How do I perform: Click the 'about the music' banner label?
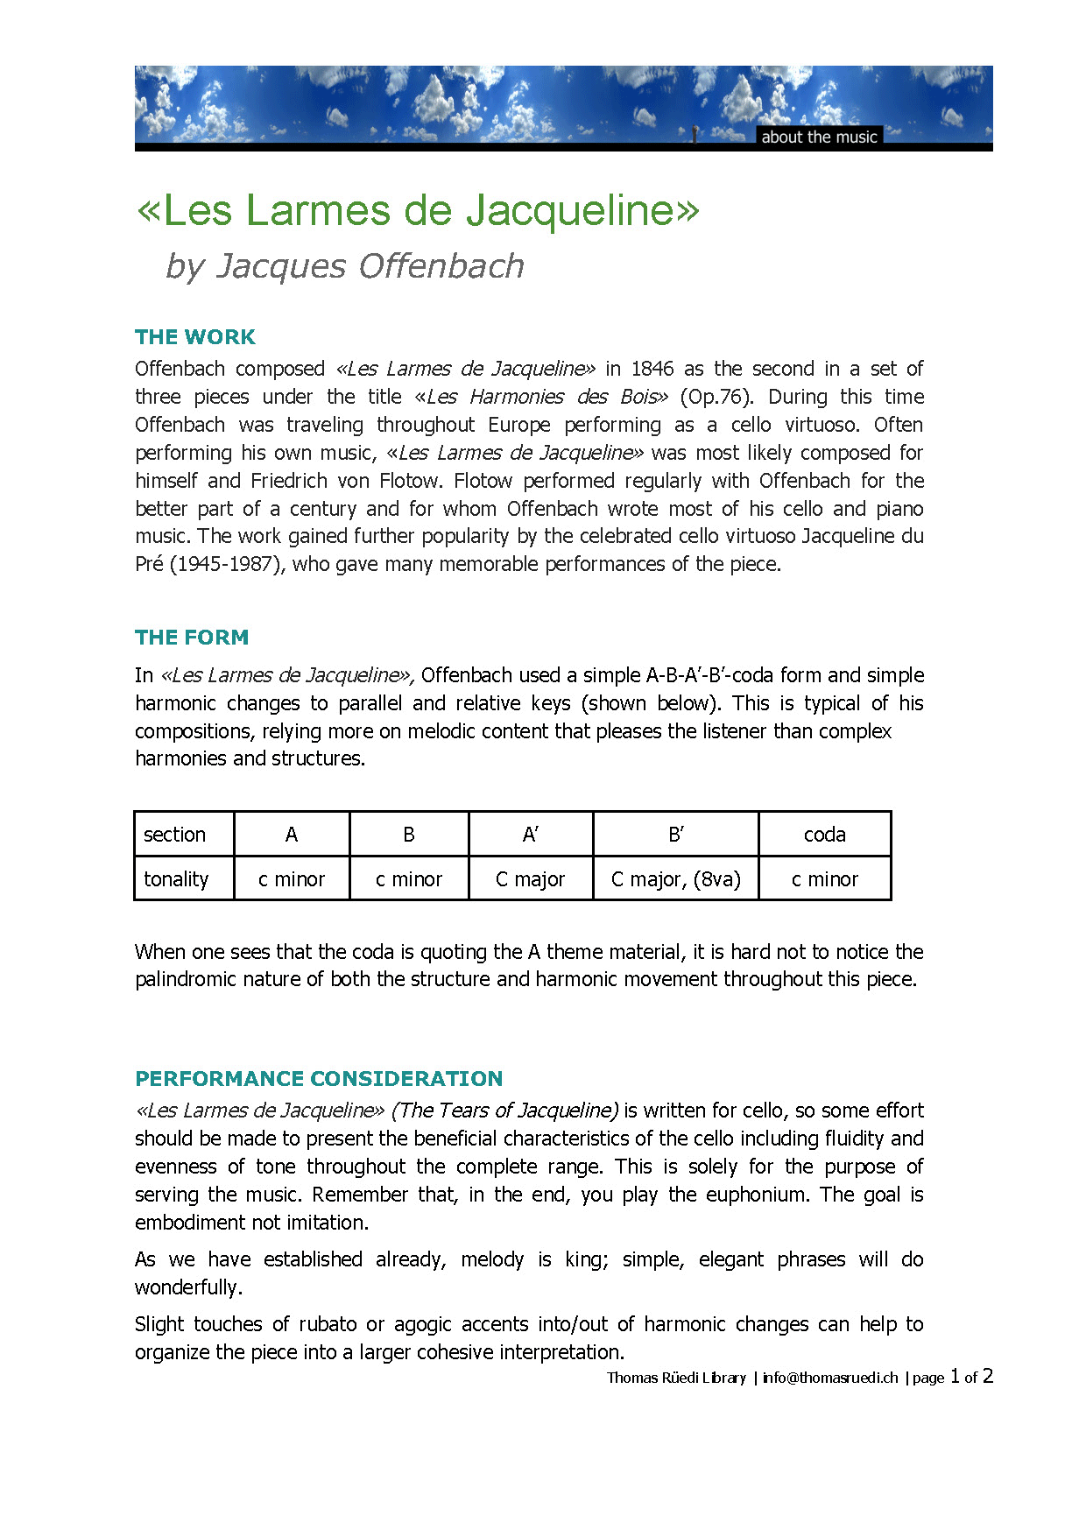click(819, 137)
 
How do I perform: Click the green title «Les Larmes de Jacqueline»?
click(419, 210)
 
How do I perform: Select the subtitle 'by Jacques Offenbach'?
click(345, 265)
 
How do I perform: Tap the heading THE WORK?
click(195, 337)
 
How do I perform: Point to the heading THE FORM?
click(192, 638)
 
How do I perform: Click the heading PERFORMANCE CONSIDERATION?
click(319, 1078)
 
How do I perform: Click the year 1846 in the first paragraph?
click(652, 369)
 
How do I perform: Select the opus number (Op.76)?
click(716, 397)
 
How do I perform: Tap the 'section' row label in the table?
click(175, 835)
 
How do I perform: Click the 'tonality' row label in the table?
click(176, 879)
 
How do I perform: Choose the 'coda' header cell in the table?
click(824, 835)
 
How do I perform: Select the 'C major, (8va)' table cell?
click(675, 879)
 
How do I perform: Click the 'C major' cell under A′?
click(530, 879)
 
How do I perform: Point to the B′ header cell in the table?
click(675, 835)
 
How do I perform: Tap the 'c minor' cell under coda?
click(824, 879)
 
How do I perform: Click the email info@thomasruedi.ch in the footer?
click(830, 1378)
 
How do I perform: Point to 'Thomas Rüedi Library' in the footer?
click(676, 1378)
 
